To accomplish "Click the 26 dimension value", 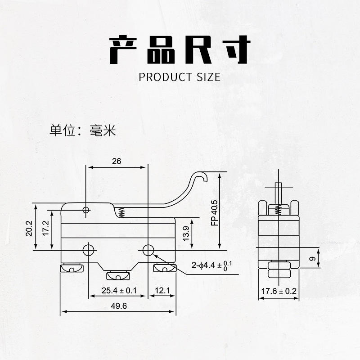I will coord(117,161).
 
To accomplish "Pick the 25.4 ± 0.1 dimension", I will coord(119,291).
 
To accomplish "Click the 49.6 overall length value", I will coord(119,306).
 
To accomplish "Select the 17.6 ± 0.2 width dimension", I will coord(279,291).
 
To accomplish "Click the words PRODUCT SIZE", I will coord(180,77).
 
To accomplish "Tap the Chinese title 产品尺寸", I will coord(180,49).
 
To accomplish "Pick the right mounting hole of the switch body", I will coord(148,250).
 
